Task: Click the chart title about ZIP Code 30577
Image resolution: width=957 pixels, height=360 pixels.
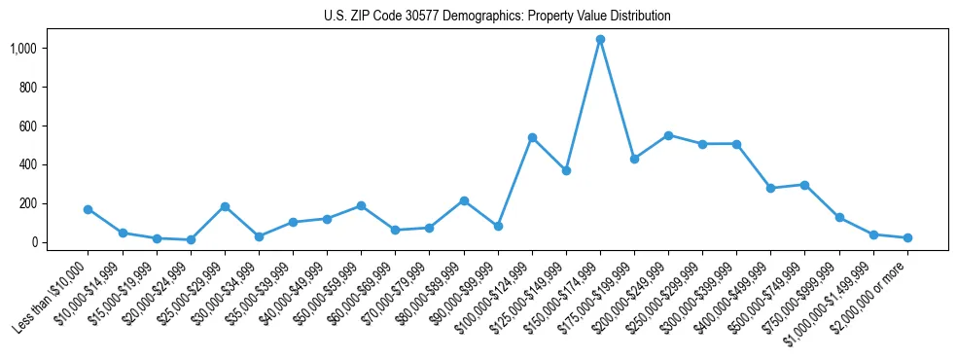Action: (x=497, y=17)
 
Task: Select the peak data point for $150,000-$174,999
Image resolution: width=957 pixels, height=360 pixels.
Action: (x=600, y=40)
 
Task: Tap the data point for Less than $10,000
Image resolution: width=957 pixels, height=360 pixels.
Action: (x=89, y=209)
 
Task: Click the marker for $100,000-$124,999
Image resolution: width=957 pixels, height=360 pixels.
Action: (x=532, y=138)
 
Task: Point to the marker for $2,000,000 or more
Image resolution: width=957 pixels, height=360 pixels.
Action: (x=907, y=237)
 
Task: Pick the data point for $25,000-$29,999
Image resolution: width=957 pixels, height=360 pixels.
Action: (x=225, y=206)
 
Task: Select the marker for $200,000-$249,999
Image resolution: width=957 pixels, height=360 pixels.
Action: (x=668, y=135)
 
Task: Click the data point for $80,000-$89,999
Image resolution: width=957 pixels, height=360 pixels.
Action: (x=464, y=200)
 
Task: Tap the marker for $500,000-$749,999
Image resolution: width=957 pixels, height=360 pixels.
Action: (x=804, y=185)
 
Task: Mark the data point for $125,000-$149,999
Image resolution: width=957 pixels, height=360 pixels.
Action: (x=566, y=170)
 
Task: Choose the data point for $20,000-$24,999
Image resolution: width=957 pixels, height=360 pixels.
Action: (x=191, y=239)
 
